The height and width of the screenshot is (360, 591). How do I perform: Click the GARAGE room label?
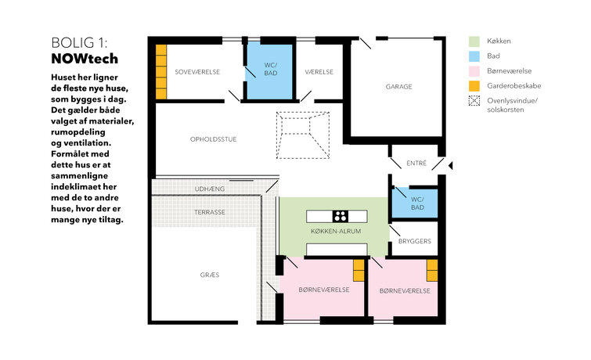pos(398,87)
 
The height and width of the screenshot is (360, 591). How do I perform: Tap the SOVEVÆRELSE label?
pos(197,72)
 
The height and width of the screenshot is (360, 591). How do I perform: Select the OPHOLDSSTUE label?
pos(214,139)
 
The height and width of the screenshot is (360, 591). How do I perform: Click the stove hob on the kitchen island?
pos(341,216)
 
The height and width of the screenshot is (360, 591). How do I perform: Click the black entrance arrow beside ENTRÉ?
pos(450,165)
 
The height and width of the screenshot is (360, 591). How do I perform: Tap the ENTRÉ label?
pos(416,164)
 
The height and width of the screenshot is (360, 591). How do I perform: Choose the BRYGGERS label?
pos(415,241)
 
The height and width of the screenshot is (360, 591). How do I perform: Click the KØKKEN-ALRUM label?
pos(336,231)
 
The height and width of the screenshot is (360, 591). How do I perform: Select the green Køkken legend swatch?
pos(474,41)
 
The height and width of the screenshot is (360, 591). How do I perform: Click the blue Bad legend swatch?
pos(474,56)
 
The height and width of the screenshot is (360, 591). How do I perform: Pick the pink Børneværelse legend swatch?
pos(474,71)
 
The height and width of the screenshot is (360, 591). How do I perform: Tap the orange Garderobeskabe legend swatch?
pos(474,86)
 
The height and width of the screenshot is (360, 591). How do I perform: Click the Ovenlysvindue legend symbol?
pos(474,101)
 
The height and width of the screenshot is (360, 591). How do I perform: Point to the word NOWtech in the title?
pos(85,59)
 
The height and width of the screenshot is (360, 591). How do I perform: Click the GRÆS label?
pos(210,275)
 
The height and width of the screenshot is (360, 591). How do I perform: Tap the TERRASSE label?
pos(210,212)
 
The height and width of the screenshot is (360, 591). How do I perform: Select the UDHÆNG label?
pos(210,189)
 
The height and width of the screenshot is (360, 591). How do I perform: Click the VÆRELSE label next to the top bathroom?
pos(319,72)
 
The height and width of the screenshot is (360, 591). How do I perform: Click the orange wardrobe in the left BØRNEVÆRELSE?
pos(359,270)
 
